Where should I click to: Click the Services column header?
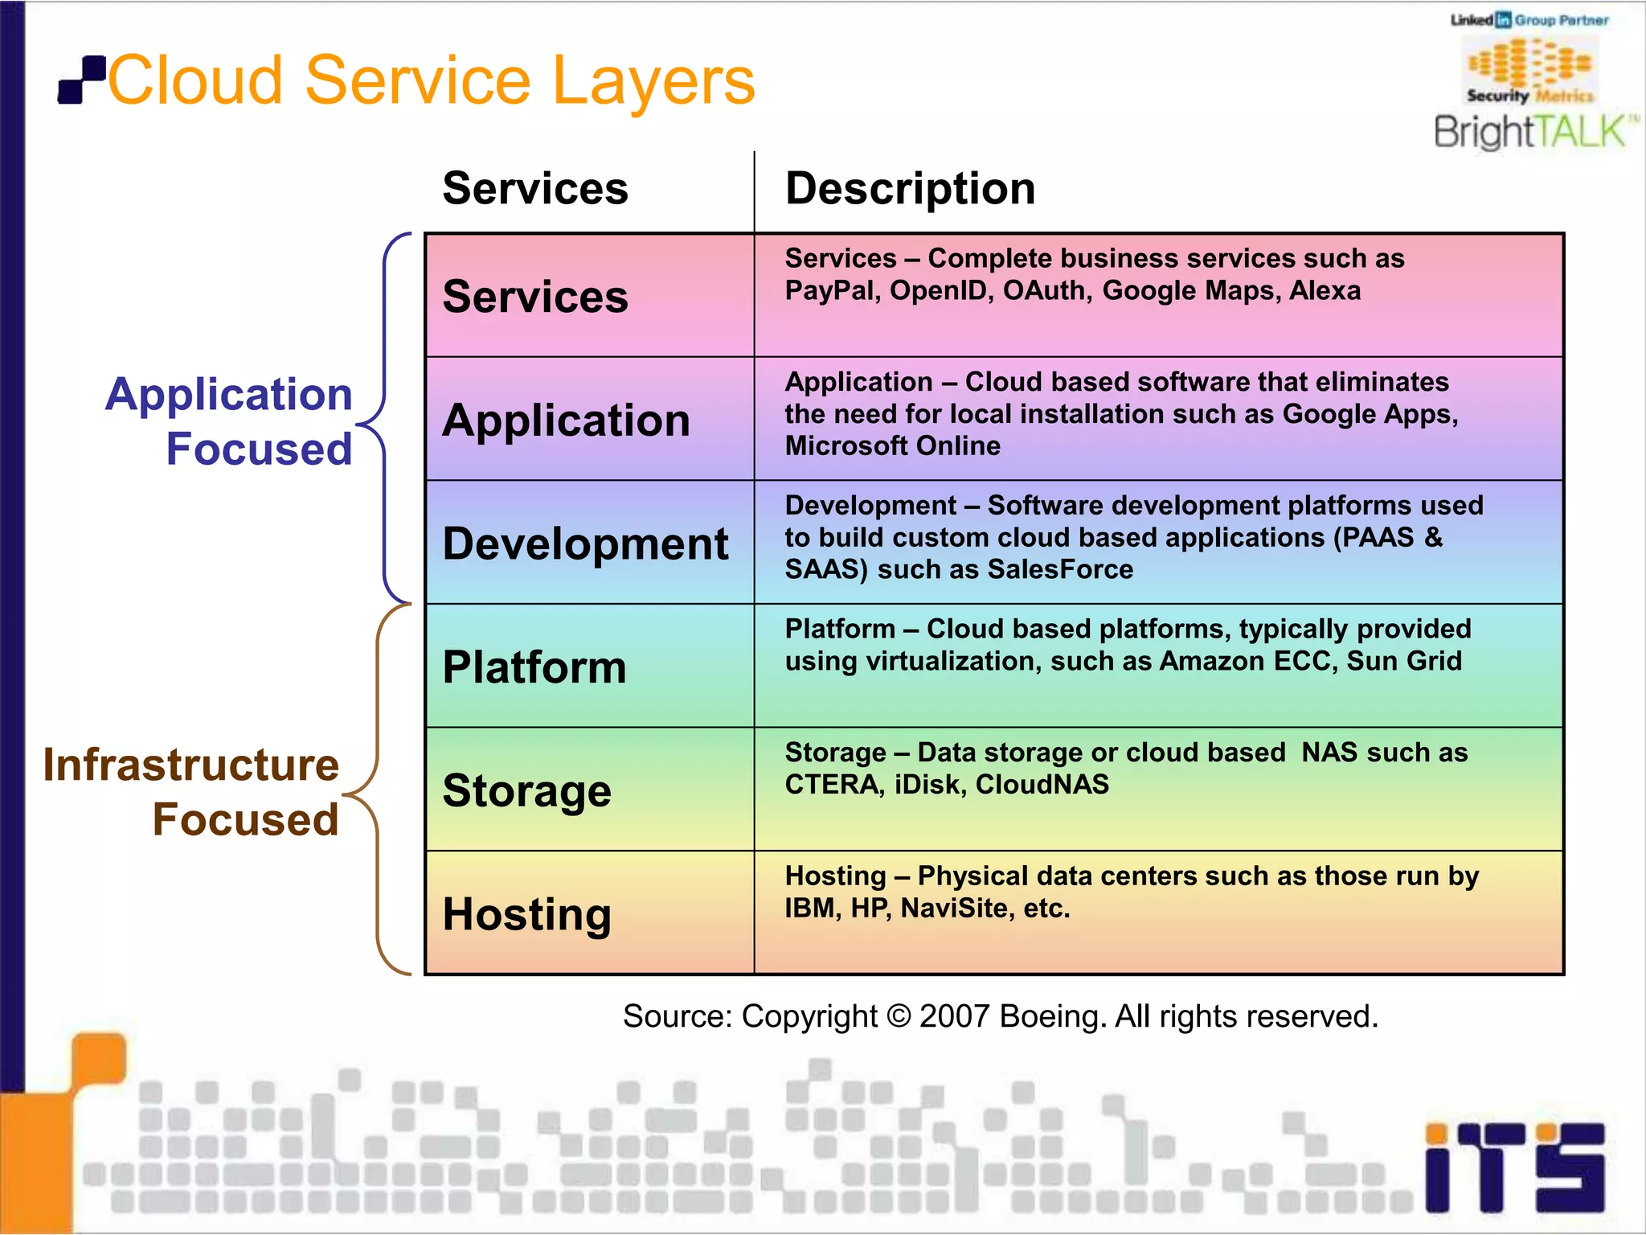(535, 189)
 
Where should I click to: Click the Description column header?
(910, 189)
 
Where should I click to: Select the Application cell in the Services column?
(566, 421)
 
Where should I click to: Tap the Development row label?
(585, 544)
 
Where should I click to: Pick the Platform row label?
(534, 667)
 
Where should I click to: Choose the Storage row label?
(527, 791)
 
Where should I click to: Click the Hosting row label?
(527, 915)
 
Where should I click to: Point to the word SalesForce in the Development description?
(1060, 570)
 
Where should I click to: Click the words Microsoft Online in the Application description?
(892, 446)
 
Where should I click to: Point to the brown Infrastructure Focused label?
(191, 791)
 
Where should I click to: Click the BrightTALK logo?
(1533, 132)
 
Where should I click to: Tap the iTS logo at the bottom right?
(1514, 1167)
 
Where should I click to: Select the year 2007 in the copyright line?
(954, 1017)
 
